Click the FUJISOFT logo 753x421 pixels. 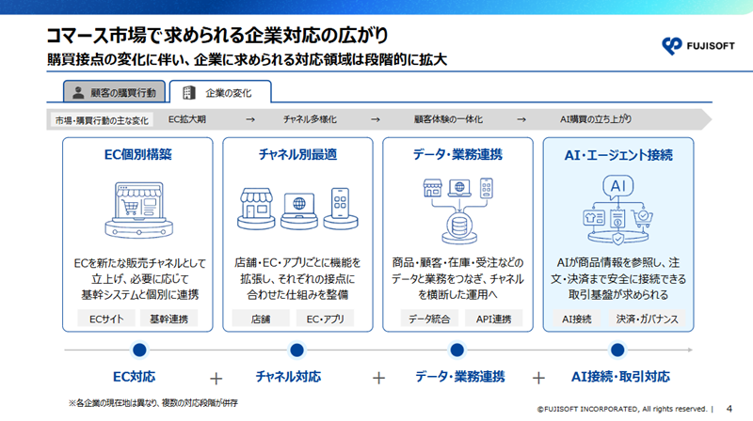697,46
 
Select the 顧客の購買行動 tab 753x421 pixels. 114,91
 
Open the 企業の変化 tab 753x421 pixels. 220,91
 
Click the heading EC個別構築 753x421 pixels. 137,154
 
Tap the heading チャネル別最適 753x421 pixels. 297,154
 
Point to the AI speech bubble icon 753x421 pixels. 618,186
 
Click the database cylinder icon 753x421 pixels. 459,226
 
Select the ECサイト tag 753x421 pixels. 106,319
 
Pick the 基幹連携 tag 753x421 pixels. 169,319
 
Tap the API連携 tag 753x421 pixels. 493,319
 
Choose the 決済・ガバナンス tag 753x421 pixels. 648,319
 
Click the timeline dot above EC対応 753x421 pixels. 139,350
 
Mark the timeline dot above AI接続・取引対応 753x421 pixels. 617,350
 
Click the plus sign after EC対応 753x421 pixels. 216,379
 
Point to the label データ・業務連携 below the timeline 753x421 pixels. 460,377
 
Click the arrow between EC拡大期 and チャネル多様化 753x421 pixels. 250,119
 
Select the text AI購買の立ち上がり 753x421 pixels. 596,119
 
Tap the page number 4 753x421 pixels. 729,409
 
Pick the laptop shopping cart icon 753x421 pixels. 139,210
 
